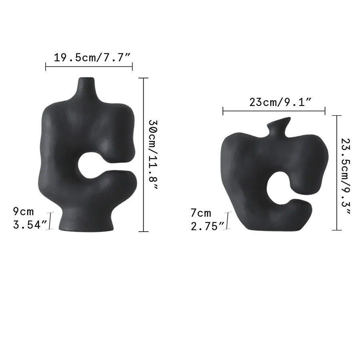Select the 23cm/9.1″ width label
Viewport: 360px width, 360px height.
280,102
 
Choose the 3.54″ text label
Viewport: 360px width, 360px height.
30,225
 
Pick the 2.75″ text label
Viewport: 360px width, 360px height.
208,227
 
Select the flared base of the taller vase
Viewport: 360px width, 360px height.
85,223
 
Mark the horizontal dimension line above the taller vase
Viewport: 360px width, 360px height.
89,66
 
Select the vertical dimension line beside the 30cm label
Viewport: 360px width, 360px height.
144,155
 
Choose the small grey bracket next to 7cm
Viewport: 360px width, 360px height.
228,220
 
